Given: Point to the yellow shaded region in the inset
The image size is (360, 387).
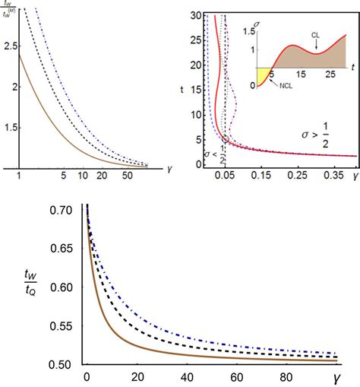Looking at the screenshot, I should (x=262, y=76).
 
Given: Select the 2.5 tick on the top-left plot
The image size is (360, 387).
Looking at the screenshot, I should (x=9, y=46).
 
